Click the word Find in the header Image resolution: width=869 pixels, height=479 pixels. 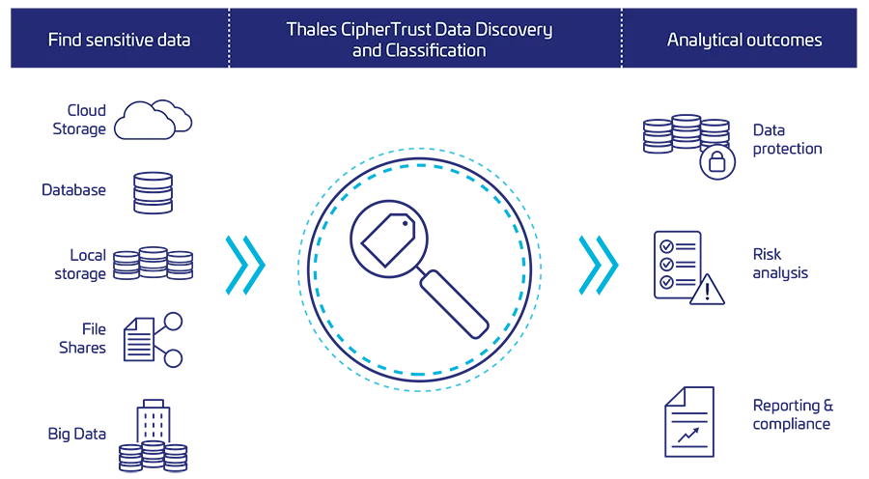click(x=64, y=40)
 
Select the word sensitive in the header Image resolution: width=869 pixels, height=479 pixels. click(x=121, y=40)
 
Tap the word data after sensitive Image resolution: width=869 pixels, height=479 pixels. click(x=174, y=40)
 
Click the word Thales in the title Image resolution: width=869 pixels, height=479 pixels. click(x=310, y=29)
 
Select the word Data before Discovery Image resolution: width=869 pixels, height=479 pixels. click(x=464, y=29)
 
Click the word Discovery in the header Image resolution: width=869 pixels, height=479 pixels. click(x=519, y=29)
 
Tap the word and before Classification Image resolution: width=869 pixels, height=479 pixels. click(x=367, y=49)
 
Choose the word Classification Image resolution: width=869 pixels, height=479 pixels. click(x=436, y=49)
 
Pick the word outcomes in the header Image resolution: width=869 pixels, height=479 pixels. click(x=788, y=40)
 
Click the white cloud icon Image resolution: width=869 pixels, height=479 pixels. click(x=145, y=122)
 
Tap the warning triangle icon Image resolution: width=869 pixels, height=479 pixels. click(x=707, y=290)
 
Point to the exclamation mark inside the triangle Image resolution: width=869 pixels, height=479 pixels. click(x=707, y=292)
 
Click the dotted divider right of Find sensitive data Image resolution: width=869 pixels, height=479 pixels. click(x=229, y=39)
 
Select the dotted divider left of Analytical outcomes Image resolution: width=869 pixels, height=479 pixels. click(x=622, y=39)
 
